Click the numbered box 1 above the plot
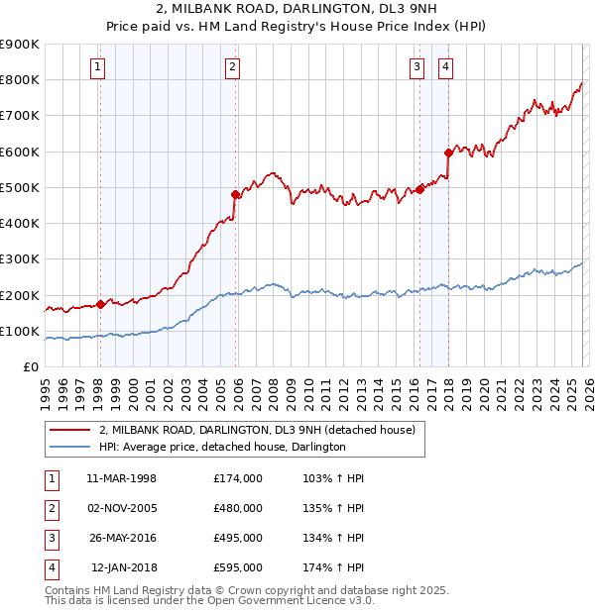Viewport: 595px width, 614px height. pos(99,67)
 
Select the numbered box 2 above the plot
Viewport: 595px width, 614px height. pos(232,67)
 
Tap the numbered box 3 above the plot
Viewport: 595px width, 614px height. pos(417,67)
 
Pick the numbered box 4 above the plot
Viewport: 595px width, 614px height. pos(446,67)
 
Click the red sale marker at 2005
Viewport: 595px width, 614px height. pos(236,194)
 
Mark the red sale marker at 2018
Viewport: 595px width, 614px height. pos(448,153)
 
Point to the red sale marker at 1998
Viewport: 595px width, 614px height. pos(100,304)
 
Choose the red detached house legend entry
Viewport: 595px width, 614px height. pos(262,430)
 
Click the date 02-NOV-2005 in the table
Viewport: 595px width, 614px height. pos(122,508)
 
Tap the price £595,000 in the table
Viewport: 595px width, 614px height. pos(238,567)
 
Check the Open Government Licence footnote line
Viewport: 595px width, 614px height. pos(209,601)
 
